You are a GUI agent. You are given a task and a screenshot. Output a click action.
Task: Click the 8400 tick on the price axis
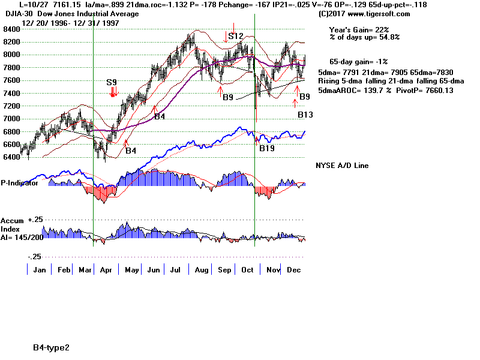click(x=10, y=29)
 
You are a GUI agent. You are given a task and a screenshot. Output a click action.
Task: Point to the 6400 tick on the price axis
click(x=10, y=158)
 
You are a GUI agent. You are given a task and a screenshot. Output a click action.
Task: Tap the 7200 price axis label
click(x=10, y=106)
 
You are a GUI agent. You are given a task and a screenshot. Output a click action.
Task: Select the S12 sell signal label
click(x=236, y=36)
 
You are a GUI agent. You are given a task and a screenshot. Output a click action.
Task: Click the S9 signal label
click(x=112, y=82)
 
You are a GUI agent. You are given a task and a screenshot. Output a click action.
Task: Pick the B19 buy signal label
click(x=267, y=148)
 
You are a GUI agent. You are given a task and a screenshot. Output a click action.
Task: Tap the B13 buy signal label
click(x=305, y=114)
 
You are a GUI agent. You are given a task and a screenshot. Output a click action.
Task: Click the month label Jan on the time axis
click(x=40, y=270)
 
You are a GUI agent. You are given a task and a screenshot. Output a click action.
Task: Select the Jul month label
click(x=176, y=270)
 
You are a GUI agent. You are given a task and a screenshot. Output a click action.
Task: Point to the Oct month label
click(x=246, y=270)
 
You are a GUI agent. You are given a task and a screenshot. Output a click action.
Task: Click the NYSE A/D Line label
click(x=342, y=166)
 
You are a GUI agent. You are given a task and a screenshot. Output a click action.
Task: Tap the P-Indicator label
click(x=20, y=183)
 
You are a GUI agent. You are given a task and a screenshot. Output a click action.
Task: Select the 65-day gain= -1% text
click(x=359, y=62)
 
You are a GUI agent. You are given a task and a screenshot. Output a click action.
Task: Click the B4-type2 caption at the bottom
click(x=52, y=347)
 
